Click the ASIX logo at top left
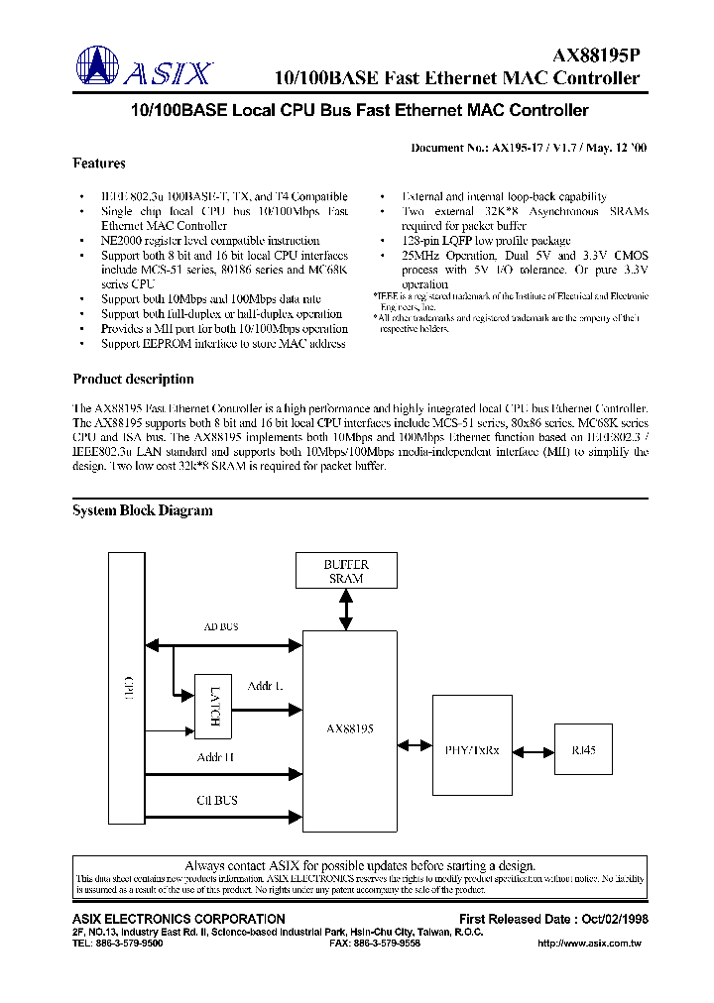click(x=145, y=69)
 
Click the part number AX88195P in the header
click(x=595, y=57)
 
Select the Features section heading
click(x=99, y=164)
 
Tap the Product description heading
click(x=133, y=379)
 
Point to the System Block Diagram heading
click(x=143, y=510)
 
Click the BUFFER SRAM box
click(x=345, y=571)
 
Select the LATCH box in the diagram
click(x=214, y=707)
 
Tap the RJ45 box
click(x=583, y=750)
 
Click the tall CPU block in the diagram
click(x=127, y=690)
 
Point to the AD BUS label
click(x=220, y=627)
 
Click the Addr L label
click(x=265, y=686)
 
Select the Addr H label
click(x=215, y=757)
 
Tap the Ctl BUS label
click(x=217, y=800)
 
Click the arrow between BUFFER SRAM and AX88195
click(x=345, y=611)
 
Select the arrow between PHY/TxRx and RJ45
click(x=527, y=751)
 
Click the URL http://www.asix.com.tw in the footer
click(x=588, y=945)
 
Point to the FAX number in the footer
click(x=375, y=945)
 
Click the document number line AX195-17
click(x=530, y=147)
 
